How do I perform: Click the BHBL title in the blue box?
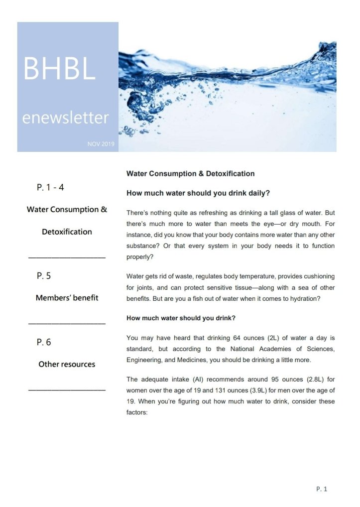tap(59, 69)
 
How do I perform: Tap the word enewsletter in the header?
tap(65, 118)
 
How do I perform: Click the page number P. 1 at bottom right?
tap(322, 489)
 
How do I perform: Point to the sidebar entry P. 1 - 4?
tap(50, 188)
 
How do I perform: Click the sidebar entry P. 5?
tap(44, 275)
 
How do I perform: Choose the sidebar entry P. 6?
tap(44, 342)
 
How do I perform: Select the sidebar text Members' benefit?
tap(67, 298)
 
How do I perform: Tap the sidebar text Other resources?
tap(67, 364)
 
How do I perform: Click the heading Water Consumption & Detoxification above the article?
tap(190, 174)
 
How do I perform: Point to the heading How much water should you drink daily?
tap(198, 193)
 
